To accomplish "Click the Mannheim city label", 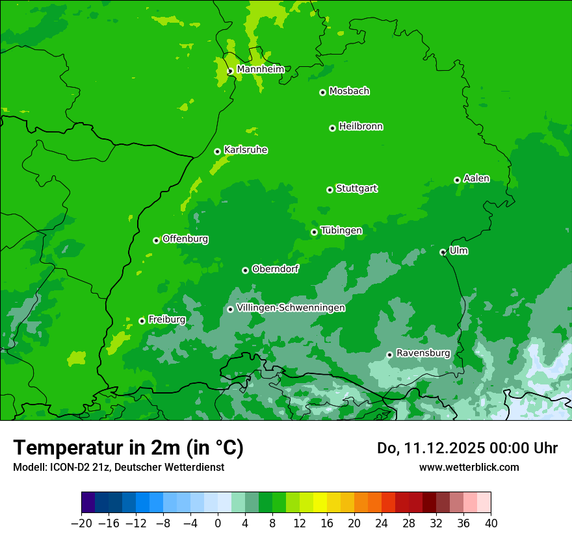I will click(260, 69).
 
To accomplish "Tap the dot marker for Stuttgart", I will click(330, 190).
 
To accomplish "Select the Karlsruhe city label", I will click(246, 150).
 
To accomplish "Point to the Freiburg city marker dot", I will click(142, 321).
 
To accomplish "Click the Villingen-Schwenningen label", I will click(291, 308).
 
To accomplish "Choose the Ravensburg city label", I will click(423, 353).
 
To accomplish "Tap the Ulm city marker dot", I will click(443, 252).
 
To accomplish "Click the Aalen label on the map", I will click(476, 179).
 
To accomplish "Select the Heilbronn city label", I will click(361, 127).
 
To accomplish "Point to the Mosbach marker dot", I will click(322, 92).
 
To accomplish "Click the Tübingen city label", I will click(341, 231).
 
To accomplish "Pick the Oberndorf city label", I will click(276, 269).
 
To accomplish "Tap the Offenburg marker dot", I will click(156, 240).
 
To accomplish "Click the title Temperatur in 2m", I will click(128, 447).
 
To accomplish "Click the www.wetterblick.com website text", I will click(469, 467).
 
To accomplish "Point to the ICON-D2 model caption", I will click(118, 467).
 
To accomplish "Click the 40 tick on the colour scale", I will click(491, 523).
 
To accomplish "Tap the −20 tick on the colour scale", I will click(81, 523).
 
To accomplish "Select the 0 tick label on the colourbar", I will click(218, 523).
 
